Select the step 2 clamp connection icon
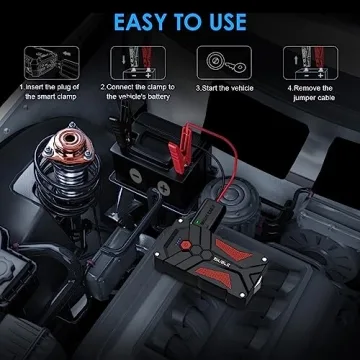point(133,57)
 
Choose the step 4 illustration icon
point(308,57)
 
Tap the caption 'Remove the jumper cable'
point(309,92)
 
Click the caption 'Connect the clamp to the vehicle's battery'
point(135,92)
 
